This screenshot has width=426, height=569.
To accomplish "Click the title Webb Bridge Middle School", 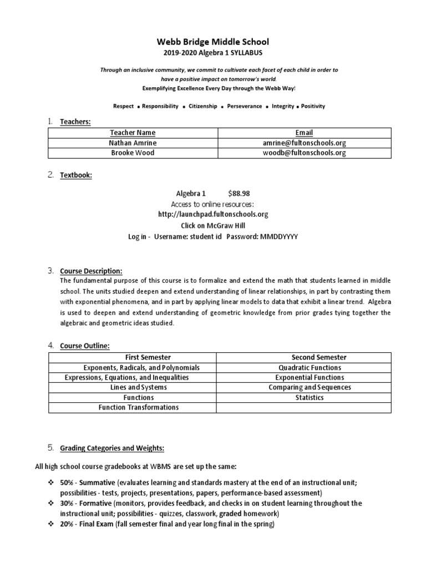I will [x=213, y=42].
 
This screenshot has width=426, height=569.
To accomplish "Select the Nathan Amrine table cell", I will [x=133, y=143].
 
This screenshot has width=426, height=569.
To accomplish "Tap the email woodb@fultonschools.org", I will [x=305, y=153].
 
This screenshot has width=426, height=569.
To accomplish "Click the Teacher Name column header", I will [x=133, y=133].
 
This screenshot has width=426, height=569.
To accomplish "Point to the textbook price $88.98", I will [x=239, y=194].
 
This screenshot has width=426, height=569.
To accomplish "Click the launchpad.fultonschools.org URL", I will [x=213, y=214].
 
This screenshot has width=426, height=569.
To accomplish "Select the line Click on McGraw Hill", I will [x=213, y=226].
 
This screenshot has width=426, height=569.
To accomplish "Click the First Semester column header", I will [x=133, y=357].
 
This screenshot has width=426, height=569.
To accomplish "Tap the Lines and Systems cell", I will [x=133, y=387].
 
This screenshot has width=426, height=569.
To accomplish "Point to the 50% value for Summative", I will [x=67, y=483].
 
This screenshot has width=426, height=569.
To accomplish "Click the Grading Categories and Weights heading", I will [x=112, y=448].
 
